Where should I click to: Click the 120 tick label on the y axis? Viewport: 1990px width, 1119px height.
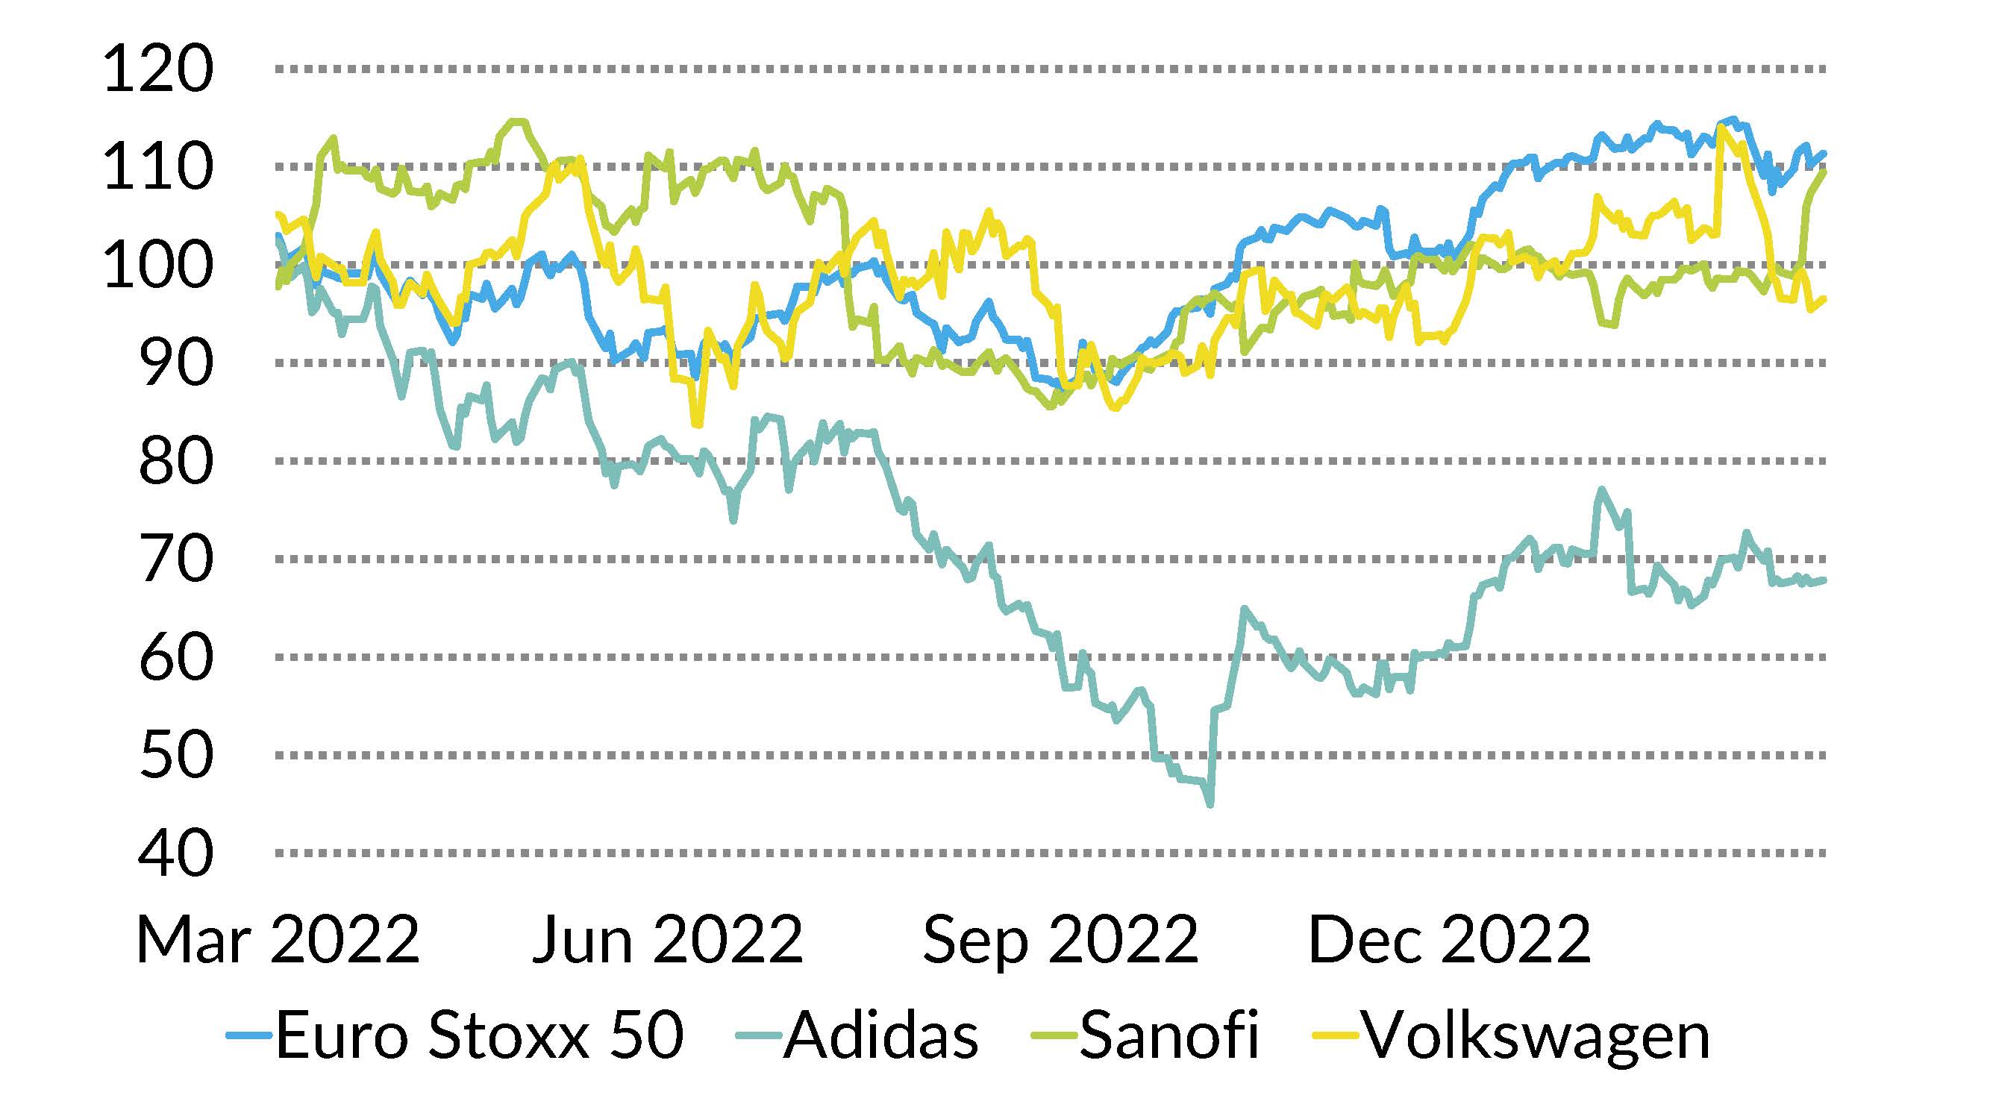(157, 70)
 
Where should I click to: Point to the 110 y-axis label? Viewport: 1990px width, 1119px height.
(157, 168)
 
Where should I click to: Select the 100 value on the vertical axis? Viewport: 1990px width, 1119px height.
(157, 266)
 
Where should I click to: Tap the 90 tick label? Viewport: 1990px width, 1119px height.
(175, 364)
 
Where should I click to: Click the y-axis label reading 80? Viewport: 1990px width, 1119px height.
(175, 462)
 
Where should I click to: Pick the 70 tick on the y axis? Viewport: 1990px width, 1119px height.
(175, 560)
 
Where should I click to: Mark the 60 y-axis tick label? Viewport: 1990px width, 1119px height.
(175, 658)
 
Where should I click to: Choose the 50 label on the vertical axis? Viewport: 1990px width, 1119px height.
(175, 756)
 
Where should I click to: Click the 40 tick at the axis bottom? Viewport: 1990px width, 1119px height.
(175, 854)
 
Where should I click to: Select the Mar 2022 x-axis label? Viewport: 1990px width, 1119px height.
(278, 940)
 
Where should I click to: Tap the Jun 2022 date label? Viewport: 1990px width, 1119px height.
(669, 940)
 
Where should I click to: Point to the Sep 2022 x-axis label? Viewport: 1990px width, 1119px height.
(1060, 940)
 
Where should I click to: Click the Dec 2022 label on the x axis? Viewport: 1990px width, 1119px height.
(1449, 940)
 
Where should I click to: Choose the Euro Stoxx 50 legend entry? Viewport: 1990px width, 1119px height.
(479, 1035)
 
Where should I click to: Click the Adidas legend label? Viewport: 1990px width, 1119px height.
(880, 1035)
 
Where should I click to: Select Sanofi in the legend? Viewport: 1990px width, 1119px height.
(1168, 1035)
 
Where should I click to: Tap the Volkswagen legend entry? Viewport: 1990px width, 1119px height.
(1536, 1035)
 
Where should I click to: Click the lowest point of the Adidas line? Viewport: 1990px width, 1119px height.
(1210, 805)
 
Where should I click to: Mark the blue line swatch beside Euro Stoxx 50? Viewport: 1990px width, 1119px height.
(248, 1035)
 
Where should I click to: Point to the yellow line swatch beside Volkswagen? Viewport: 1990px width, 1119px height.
(1336, 1035)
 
